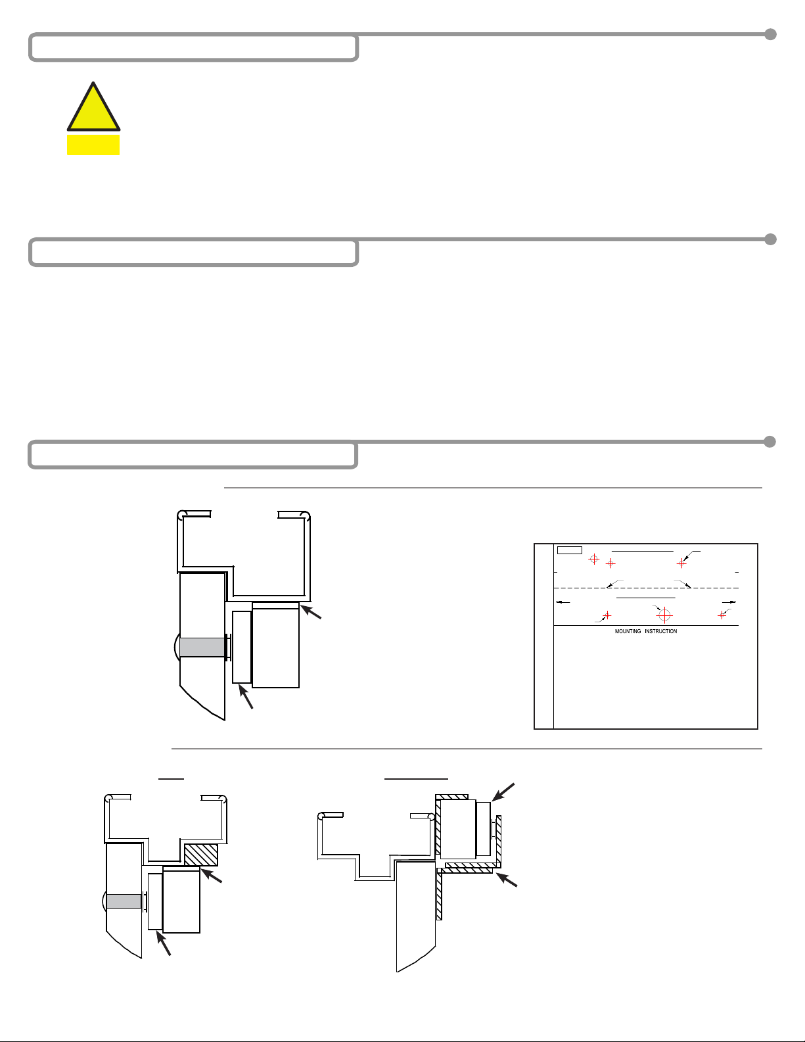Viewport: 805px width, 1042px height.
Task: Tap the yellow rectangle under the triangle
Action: [x=93, y=145]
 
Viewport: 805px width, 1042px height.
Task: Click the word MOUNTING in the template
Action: [x=628, y=631]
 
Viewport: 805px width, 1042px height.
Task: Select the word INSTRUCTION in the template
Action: [x=661, y=631]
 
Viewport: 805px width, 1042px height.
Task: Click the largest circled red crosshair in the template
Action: [x=664, y=614]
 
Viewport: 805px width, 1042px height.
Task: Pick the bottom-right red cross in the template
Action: [x=722, y=615]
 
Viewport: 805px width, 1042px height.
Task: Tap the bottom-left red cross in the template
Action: [x=607, y=615]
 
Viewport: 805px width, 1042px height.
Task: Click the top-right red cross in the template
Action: [x=681, y=563]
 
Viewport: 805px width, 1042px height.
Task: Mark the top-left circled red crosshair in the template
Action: [x=593, y=559]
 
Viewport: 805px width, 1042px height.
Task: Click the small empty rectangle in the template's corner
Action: [x=570, y=550]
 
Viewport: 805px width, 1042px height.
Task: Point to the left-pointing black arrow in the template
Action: [x=563, y=602]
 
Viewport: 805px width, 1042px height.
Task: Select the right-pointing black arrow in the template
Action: [x=729, y=602]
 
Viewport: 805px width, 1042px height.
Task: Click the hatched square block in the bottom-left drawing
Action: [x=201, y=855]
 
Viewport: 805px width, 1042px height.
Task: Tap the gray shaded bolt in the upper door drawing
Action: [x=202, y=648]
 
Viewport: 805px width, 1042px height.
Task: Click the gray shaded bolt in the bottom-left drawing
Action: [x=124, y=901]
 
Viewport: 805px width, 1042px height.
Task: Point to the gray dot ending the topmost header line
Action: [x=770, y=34]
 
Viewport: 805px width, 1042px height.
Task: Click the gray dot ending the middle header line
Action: [x=770, y=239]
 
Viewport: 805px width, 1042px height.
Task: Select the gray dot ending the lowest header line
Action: [x=770, y=442]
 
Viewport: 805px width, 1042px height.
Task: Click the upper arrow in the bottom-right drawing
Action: [x=503, y=792]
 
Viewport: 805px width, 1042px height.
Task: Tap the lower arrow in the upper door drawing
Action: [x=245, y=696]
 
